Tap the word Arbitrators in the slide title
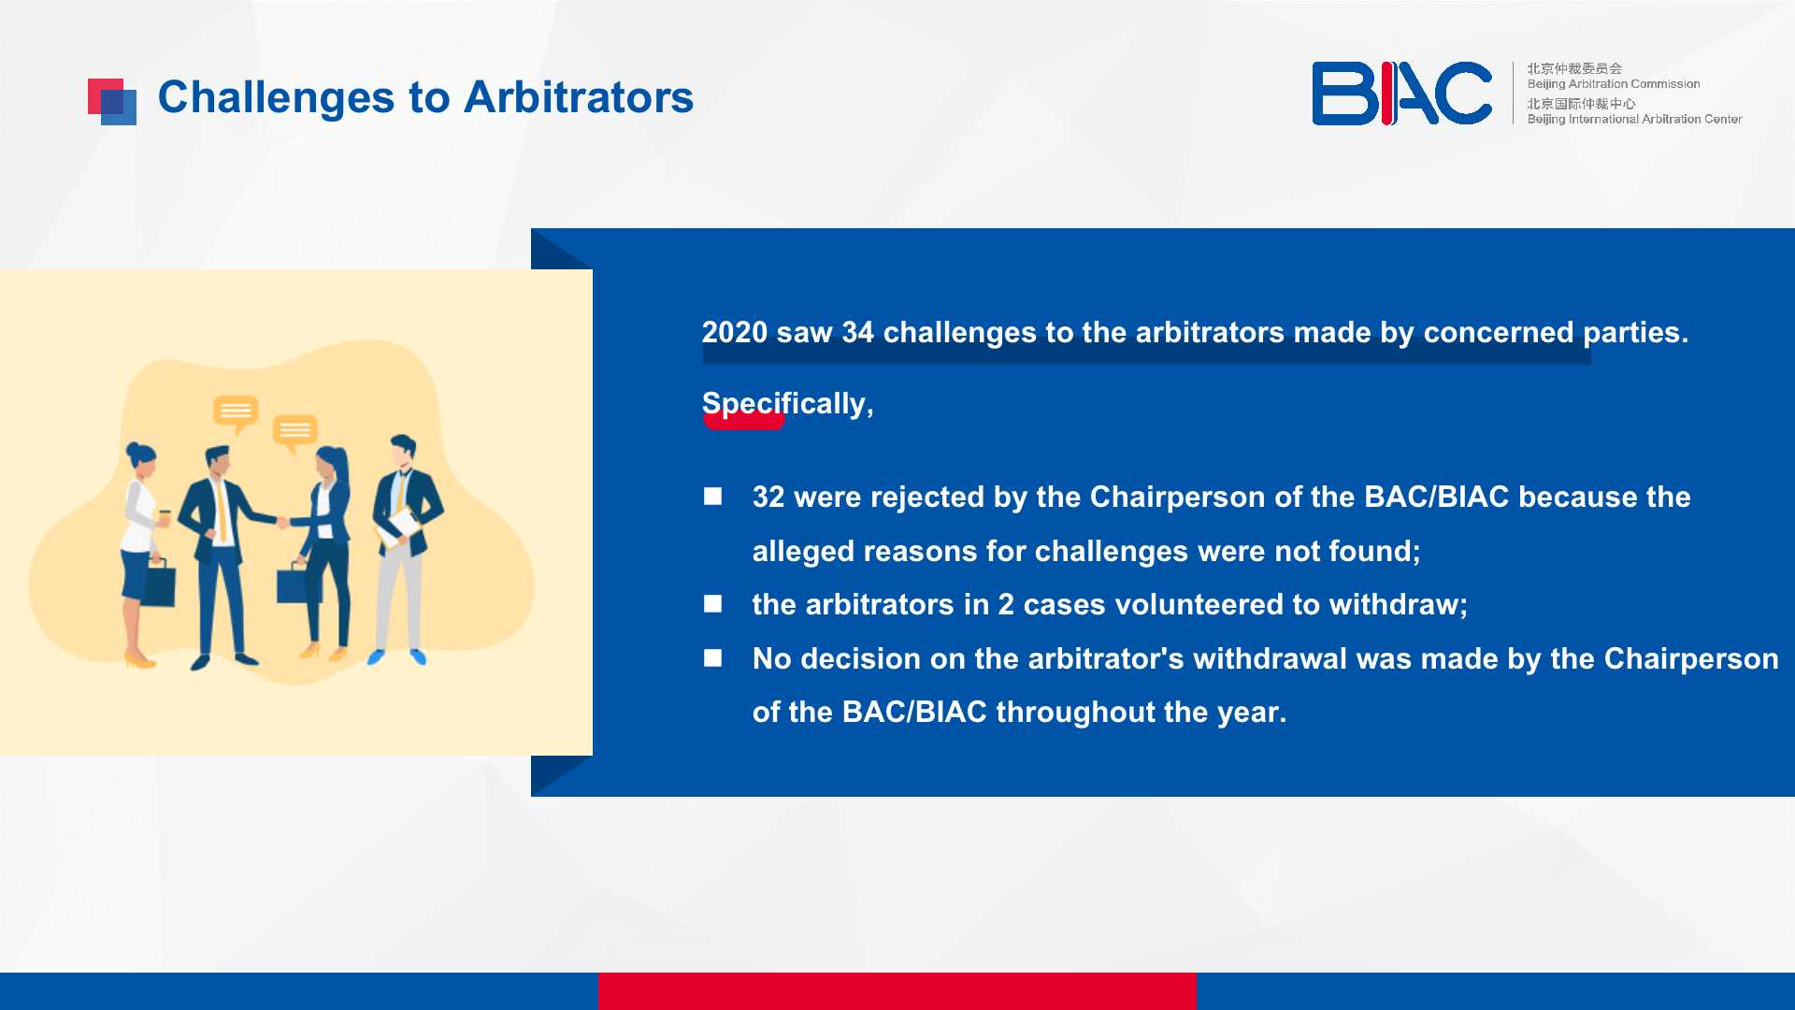click(x=579, y=97)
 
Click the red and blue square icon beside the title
click(x=112, y=102)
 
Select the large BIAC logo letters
click(x=1401, y=94)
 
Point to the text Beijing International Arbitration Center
click(x=1634, y=119)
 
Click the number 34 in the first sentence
click(x=857, y=332)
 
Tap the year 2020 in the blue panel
click(x=735, y=332)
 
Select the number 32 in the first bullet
click(x=768, y=497)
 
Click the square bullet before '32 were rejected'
click(x=713, y=497)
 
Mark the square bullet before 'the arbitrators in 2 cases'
click(x=713, y=604)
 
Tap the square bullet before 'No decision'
click(x=713, y=658)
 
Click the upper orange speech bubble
click(x=236, y=412)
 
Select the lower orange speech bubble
click(x=295, y=433)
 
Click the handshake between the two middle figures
click(x=282, y=521)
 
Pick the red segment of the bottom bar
click(x=897, y=991)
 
